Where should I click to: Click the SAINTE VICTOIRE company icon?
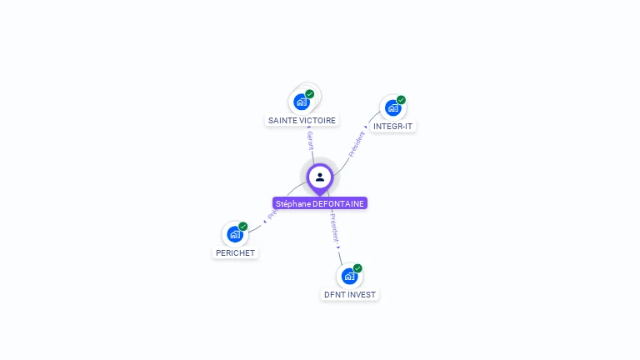pyautogui.click(x=302, y=102)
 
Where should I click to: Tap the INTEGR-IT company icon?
pyautogui.click(x=392, y=107)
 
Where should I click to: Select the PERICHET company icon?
pyautogui.click(x=235, y=234)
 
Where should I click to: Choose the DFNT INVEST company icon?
pyautogui.click(x=349, y=276)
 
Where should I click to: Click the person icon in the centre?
pyautogui.click(x=320, y=177)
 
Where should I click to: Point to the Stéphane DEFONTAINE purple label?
pyautogui.click(x=320, y=203)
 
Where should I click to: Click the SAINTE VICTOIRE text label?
pyautogui.click(x=302, y=120)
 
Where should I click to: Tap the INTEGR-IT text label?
pyautogui.click(x=393, y=127)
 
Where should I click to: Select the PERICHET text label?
pyautogui.click(x=235, y=252)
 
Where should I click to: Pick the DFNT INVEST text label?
pyautogui.click(x=350, y=294)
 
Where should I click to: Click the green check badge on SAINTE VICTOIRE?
pyautogui.click(x=310, y=94)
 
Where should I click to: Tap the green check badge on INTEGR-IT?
pyautogui.click(x=401, y=100)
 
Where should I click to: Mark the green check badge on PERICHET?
pyautogui.click(x=243, y=227)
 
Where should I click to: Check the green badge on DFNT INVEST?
pyautogui.click(x=357, y=268)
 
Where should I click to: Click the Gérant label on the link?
pyautogui.click(x=310, y=141)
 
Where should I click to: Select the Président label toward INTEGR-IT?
pyautogui.click(x=357, y=143)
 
